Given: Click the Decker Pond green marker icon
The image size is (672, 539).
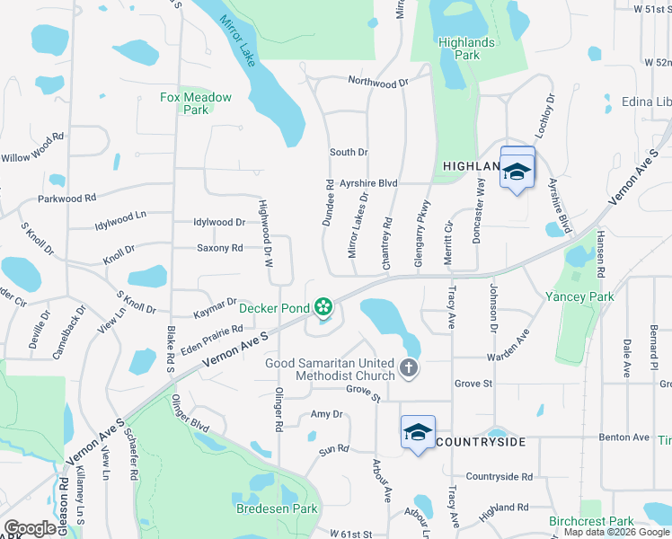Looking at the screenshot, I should [323, 307].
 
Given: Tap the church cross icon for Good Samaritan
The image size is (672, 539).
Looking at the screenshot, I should [409, 367].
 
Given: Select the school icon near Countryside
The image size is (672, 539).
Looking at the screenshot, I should [418, 433].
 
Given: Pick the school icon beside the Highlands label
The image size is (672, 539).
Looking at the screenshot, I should [517, 171].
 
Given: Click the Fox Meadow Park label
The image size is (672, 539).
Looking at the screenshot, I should [196, 103].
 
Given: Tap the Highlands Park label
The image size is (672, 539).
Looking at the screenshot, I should [466, 49].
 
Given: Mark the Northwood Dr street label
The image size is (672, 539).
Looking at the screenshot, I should [377, 83].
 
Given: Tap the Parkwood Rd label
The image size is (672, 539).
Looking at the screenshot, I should [66, 199].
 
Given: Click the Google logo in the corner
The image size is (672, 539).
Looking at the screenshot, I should [31, 528].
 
